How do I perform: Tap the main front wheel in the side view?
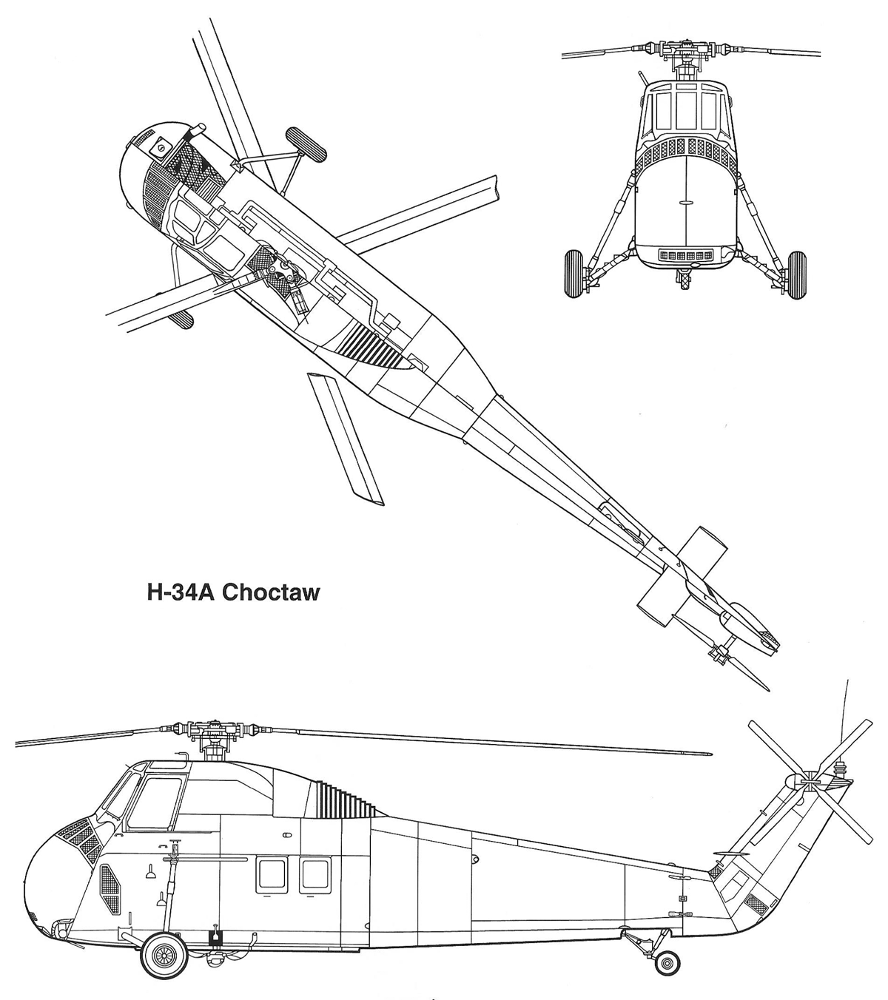pos(163,955)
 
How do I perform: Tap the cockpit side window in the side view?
pos(155,803)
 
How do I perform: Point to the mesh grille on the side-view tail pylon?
pos(756,902)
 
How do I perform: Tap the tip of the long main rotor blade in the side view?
pos(709,754)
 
